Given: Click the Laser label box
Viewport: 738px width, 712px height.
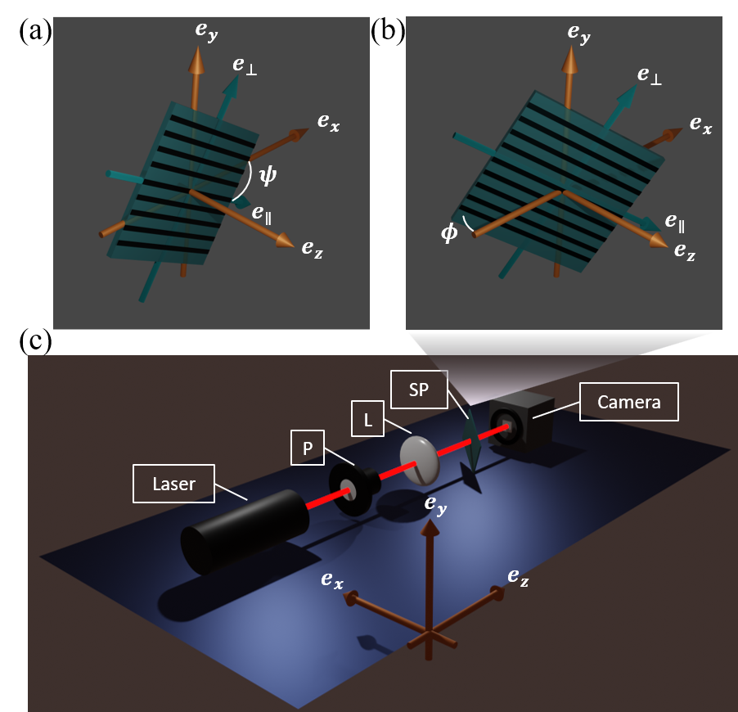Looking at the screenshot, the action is click(173, 484).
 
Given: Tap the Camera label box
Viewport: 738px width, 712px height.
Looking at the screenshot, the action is click(629, 402).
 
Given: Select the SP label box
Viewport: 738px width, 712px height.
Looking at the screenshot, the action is click(419, 389).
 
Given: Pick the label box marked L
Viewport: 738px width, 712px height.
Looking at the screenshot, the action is click(367, 419).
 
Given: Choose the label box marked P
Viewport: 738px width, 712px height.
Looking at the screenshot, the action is click(308, 448).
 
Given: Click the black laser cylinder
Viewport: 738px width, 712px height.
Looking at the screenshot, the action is click(245, 531).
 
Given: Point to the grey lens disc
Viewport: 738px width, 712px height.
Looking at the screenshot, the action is click(420, 460).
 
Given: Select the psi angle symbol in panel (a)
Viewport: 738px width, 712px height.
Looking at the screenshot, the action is click(268, 175).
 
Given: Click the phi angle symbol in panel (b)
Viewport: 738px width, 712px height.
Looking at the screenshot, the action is click(449, 232).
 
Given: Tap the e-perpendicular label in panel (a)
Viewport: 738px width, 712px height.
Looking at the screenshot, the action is click(245, 66).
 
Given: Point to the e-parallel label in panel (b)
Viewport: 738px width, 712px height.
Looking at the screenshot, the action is click(674, 223).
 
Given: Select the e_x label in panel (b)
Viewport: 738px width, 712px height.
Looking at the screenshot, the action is click(701, 124).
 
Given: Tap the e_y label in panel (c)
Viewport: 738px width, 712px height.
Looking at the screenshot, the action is click(435, 505).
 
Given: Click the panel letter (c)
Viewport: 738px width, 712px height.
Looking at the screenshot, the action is click(35, 340).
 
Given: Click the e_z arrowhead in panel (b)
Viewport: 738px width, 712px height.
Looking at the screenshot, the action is click(658, 241).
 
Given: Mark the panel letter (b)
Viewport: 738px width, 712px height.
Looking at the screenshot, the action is click(387, 32).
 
